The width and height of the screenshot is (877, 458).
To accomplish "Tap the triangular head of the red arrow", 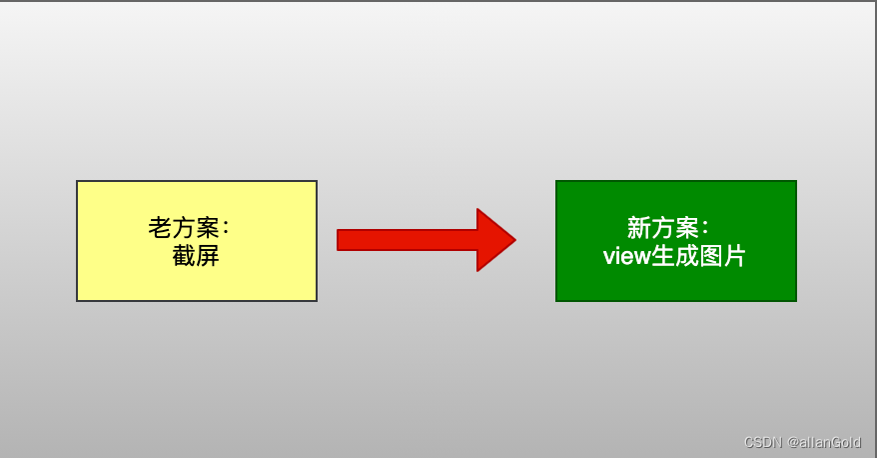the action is tap(494, 240).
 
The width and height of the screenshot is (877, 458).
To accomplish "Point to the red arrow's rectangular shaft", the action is tap(406, 240).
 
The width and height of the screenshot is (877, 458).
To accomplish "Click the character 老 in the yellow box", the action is tap(160, 227).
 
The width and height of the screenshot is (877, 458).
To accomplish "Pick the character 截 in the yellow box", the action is tap(184, 256).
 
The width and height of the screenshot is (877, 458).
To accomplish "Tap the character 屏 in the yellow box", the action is tap(208, 256).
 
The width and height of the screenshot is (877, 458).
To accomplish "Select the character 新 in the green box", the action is tap(638, 227).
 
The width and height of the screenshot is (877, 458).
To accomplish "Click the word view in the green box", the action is tap(626, 257).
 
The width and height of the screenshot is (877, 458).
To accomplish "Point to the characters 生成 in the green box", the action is tap(674, 257).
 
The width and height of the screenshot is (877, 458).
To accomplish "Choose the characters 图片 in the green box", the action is tap(722, 257).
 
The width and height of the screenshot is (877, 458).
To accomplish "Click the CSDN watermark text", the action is tap(763, 442).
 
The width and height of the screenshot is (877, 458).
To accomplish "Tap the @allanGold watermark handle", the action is tap(825, 442).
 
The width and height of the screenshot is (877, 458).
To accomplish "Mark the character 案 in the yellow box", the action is tap(208, 227).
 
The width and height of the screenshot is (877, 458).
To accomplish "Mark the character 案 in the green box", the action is tap(686, 227).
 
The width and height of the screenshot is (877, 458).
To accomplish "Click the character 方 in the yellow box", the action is tap(184, 227).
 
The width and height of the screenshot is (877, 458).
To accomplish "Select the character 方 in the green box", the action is tap(662, 227).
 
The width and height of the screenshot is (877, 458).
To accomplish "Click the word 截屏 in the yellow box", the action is tap(196, 256).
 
